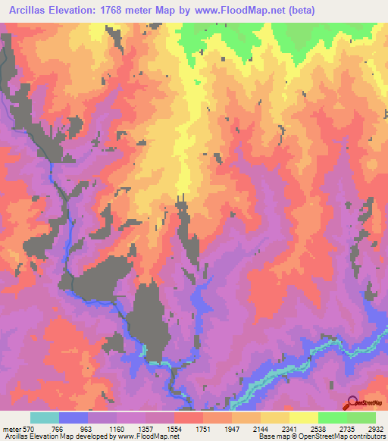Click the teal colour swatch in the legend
point(44,418)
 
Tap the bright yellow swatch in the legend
point(303,418)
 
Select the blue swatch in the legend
point(73,418)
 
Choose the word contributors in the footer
point(365,437)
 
